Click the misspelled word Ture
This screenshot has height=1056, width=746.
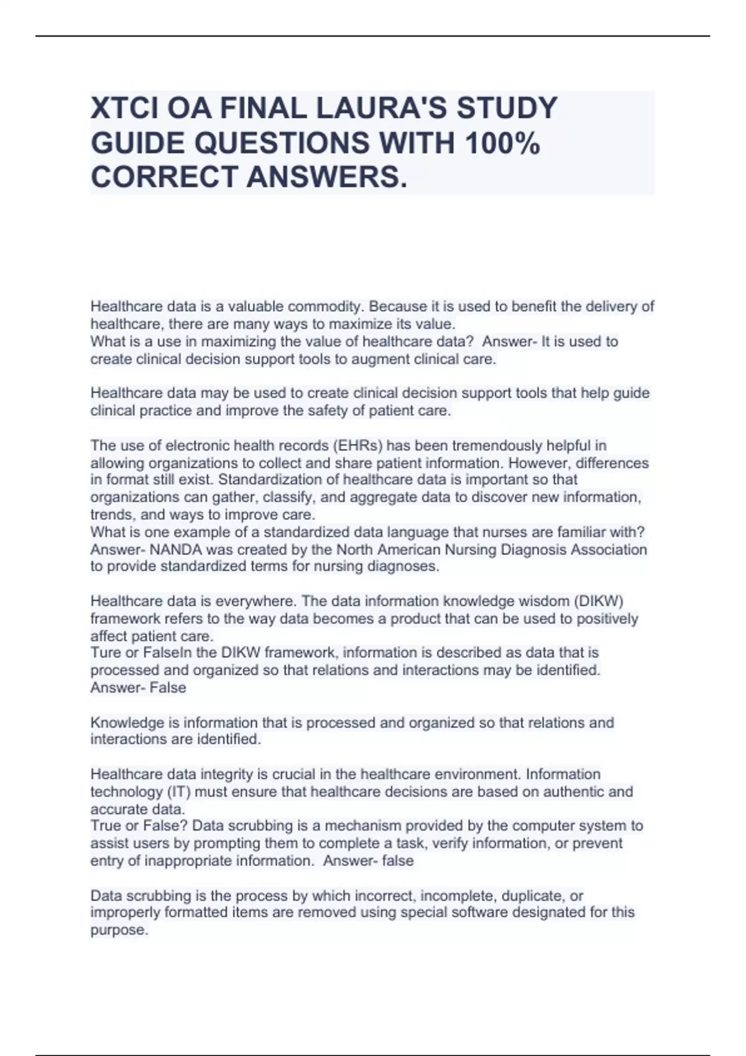(x=104, y=653)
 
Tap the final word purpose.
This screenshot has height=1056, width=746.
(x=119, y=931)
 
